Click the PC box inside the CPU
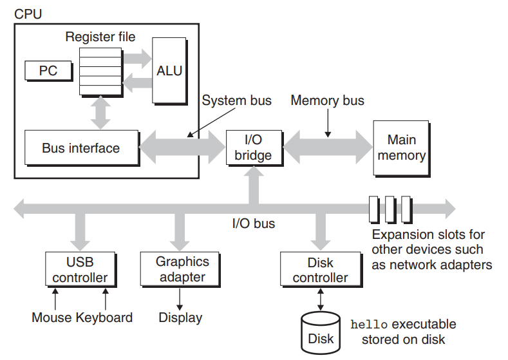(48, 71)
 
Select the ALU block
(170, 71)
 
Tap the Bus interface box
(82, 148)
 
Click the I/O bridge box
(254, 148)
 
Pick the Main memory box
(402, 148)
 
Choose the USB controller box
(80, 270)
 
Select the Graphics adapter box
(180, 270)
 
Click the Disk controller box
(321, 270)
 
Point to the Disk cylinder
(321, 333)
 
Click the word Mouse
(52, 317)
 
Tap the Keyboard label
(104, 317)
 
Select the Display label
(180, 318)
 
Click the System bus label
(237, 100)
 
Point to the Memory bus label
(327, 100)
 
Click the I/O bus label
(254, 223)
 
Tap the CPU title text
(28, 14)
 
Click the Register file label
(100, 37)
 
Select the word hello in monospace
(369, 325)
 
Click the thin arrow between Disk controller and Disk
(321, 299)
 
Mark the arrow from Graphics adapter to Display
(180, 299)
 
